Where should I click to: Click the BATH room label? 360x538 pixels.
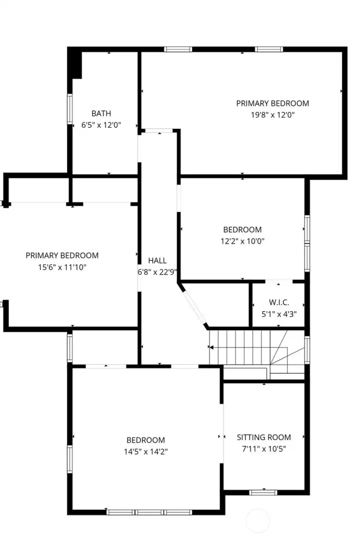101,113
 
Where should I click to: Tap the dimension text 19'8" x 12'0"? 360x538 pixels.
272,114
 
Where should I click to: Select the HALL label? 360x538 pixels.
157,261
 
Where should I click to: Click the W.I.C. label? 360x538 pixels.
278,303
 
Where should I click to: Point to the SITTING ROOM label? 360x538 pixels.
263,437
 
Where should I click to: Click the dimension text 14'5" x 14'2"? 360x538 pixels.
145,451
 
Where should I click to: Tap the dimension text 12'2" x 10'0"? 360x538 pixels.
242,241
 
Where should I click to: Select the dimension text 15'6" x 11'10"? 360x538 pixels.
62,267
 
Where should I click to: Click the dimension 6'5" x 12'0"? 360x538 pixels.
101,125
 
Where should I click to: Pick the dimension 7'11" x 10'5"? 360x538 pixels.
263,448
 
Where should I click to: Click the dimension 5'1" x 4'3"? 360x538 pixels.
278,314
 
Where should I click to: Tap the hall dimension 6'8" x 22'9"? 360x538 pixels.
158,272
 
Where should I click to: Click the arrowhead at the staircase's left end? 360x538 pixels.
211,347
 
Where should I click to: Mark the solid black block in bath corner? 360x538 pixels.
75,63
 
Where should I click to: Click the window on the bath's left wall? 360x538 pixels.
70,109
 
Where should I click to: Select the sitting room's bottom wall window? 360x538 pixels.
263,492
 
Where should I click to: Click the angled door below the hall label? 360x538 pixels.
193,306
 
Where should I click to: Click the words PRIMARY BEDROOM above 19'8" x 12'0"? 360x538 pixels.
272,103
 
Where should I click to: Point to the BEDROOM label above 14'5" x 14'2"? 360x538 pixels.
145,440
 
